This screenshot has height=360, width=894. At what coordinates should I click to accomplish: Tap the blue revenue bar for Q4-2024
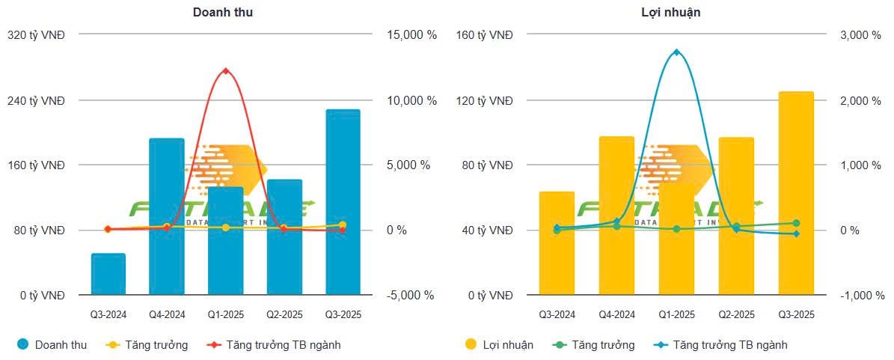pos(167,217)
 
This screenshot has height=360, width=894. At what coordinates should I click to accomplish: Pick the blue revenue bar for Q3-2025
pos(343,202)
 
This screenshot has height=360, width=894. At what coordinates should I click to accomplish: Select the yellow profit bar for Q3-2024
pos(557,243)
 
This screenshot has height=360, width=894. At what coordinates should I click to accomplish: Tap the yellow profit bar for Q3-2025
pos(796,193)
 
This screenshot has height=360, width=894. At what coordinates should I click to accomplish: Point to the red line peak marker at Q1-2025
pos(226,71)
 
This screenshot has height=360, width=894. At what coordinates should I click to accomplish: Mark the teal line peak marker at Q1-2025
pos(676,52)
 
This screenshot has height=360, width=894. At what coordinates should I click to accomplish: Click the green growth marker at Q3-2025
pos(796,223)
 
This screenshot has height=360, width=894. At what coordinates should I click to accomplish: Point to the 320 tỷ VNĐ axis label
pos(35,35)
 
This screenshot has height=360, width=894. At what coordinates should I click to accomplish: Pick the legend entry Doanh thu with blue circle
pos(52,345)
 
